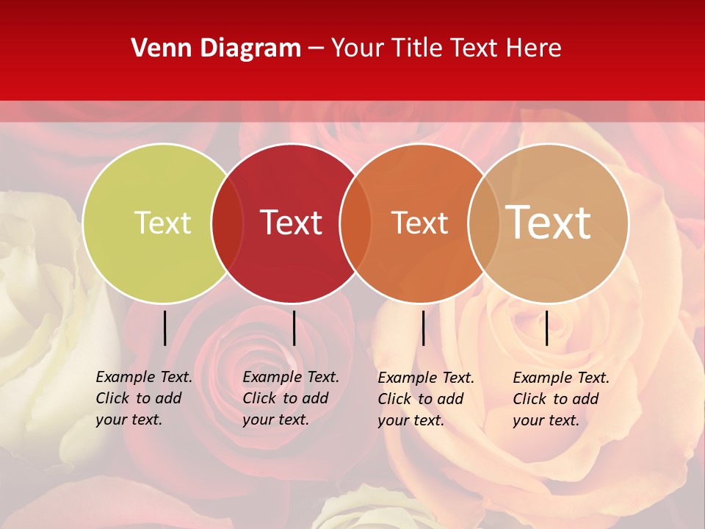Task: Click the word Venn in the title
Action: tap(155, 48)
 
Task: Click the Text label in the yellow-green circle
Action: tap(162, 223)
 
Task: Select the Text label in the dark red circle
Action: tap(291, 223)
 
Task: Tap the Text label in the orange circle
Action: tap(419, 223)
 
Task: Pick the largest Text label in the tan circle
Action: tap(549, 223)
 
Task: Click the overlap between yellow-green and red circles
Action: tap(227, 223)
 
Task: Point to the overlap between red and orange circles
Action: tap(355, 223)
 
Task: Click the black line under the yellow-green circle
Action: tap(164, 328)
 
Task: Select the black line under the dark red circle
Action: tap(294, 328)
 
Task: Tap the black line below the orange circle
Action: tap(423, 328)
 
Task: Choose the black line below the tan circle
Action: tap(546, 328)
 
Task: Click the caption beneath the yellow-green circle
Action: tap(143, 398)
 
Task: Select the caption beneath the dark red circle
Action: tap(290, 398)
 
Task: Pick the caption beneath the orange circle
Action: tap(425, 399)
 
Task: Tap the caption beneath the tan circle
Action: tap(560, 399)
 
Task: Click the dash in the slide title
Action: tap(316, 49)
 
